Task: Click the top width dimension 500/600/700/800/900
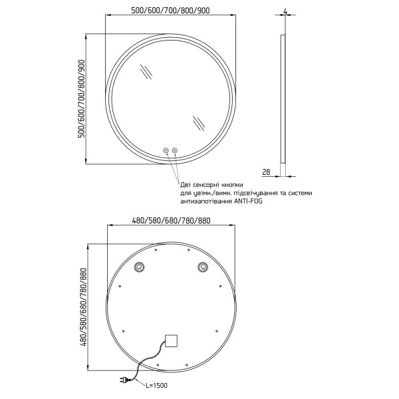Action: tap(170, 11)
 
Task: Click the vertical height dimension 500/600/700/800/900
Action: tap(81, 98)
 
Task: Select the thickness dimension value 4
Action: tap(285, 11)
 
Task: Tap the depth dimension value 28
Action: tap(266, 172)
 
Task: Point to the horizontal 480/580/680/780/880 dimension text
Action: tap(172, 220)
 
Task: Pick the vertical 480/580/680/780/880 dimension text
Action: tap(84, 307)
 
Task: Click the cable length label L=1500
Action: tap(157, 386)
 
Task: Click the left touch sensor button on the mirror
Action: tap(166, 150)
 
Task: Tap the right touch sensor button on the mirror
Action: tap(175, 150)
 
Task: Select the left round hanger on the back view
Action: tap(139, 267)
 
